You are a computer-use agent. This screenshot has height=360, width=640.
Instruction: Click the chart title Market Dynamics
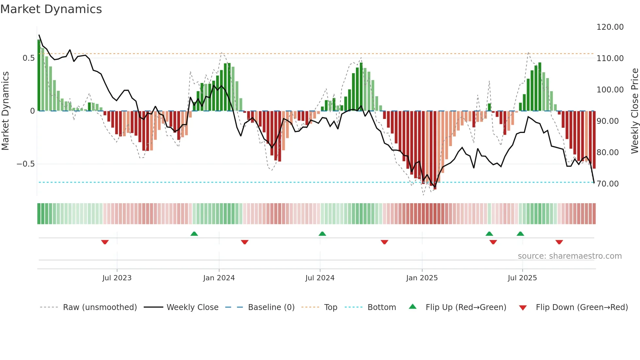pos(51,9)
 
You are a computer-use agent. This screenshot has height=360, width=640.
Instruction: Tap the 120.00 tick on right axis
pos(610,27)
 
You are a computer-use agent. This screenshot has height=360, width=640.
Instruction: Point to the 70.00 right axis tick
pos(607,184)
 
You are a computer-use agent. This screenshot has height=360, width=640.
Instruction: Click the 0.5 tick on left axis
pos(28,58)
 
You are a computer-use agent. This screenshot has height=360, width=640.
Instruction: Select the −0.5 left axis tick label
pos(25,164)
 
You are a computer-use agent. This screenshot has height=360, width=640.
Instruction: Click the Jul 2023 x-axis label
pos(117,278)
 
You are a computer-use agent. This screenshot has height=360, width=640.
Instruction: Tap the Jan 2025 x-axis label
pos(422,278)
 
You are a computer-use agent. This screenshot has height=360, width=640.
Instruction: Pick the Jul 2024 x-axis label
pos(320,278)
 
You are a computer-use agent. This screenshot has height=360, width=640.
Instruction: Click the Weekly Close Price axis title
pos(634,111)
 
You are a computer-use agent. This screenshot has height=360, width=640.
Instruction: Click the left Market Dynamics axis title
pos(5,111)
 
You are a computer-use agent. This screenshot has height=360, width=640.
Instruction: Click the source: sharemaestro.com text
pos(569,256)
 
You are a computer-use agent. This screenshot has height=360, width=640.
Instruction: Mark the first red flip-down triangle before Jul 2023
pos(105,242)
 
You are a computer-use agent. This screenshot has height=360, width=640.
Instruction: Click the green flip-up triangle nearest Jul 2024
pos(322,234)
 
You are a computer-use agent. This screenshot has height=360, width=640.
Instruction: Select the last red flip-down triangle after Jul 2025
pos(559,242)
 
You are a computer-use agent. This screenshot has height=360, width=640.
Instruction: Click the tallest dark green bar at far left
pos(39,75)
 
